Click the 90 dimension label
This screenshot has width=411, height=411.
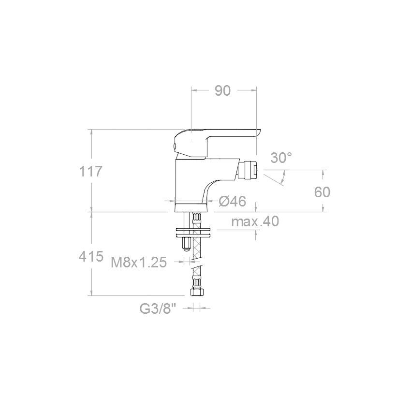[x=222, y=90]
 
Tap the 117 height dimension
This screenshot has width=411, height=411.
[x=90, y=172]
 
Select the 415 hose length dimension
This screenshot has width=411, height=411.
[x=91, y=256]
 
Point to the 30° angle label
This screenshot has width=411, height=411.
[x=281, y=158]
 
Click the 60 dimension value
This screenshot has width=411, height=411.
[x=322, y=192]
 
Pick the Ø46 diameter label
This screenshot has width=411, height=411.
[x=232, y=201]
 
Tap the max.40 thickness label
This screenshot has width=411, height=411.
[x=255, y=221]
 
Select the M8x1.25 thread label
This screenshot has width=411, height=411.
[x=139, y=262]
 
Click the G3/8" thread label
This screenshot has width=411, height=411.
[x=157, y=309]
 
